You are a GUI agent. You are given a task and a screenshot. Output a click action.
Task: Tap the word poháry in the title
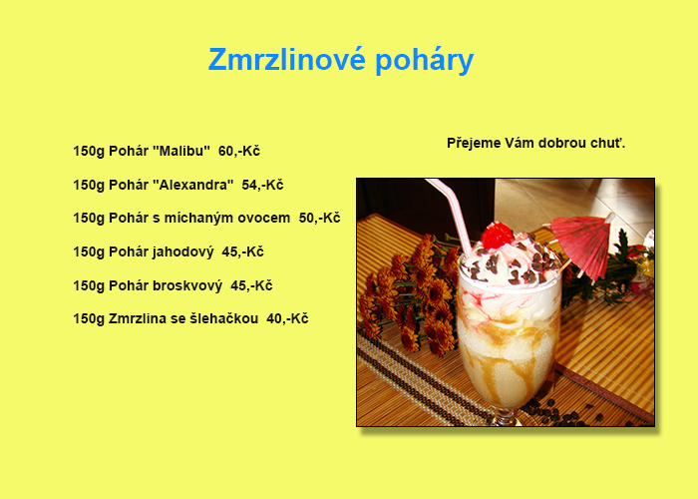coord(424,61)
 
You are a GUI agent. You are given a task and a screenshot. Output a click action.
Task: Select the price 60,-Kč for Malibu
coord(239,151)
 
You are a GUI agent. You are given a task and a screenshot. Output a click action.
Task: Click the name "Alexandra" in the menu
coord(193,185)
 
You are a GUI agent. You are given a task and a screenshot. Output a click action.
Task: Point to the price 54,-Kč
coord(262,185)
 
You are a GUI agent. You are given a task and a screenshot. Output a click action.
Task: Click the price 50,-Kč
coord(320,218)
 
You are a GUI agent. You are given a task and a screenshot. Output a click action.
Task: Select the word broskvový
coord(187,285)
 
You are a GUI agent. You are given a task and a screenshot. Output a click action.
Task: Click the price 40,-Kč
coord(287,318)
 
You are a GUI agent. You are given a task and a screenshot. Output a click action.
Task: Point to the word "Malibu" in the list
coord(181,151)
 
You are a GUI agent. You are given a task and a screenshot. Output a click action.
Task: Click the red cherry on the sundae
coord(498,235)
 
